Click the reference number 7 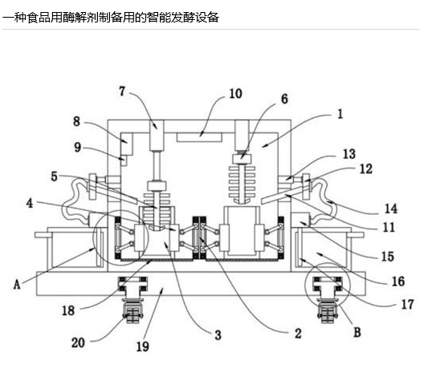click(122, 91)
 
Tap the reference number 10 click(235, 94)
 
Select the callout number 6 click(284, 99)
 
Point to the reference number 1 click(340, 114)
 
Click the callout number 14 click(391, 209)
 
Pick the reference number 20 click(78, 342)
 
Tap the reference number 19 click(142, 346)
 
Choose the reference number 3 click(218, 334)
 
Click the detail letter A click(17, 284)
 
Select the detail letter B click(357, 332)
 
